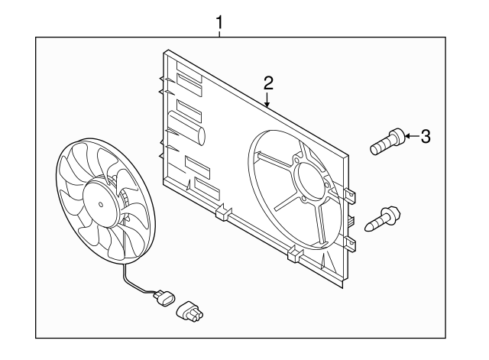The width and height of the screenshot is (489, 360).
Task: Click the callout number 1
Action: (220, 22)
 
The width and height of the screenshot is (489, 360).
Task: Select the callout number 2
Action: (268, 83)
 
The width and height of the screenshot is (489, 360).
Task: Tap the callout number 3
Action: (426, 137)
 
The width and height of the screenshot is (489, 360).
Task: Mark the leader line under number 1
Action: (220, 35)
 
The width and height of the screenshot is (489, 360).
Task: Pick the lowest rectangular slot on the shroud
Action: (206, 186)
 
